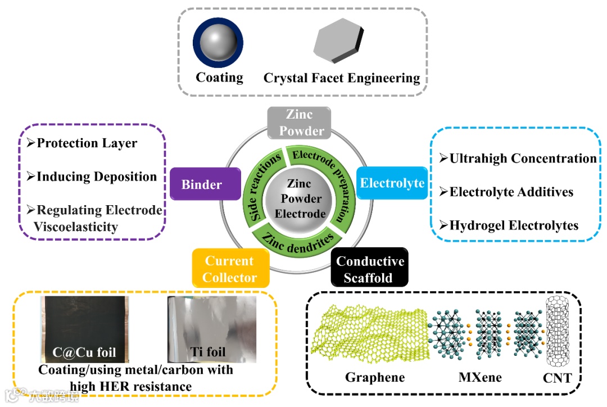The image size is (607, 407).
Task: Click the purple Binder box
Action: [x=202, y=184]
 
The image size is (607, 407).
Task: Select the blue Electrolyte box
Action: [x=392, y=183]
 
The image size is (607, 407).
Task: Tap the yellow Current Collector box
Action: [x=230, y=269]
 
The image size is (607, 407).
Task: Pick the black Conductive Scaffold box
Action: [x=369, y=269]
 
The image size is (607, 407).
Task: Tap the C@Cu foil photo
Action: [x=84, y=328]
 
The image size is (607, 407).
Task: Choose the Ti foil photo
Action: [x=212, y=328]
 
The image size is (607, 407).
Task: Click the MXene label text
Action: [x=481, y=376]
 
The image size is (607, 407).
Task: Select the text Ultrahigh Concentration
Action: [x=523, y=159]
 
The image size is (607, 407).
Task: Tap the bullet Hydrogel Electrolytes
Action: [x=514, y=225]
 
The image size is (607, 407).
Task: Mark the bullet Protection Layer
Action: [x=87, y=143]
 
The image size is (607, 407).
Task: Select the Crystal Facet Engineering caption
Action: [x=342, y=78]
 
